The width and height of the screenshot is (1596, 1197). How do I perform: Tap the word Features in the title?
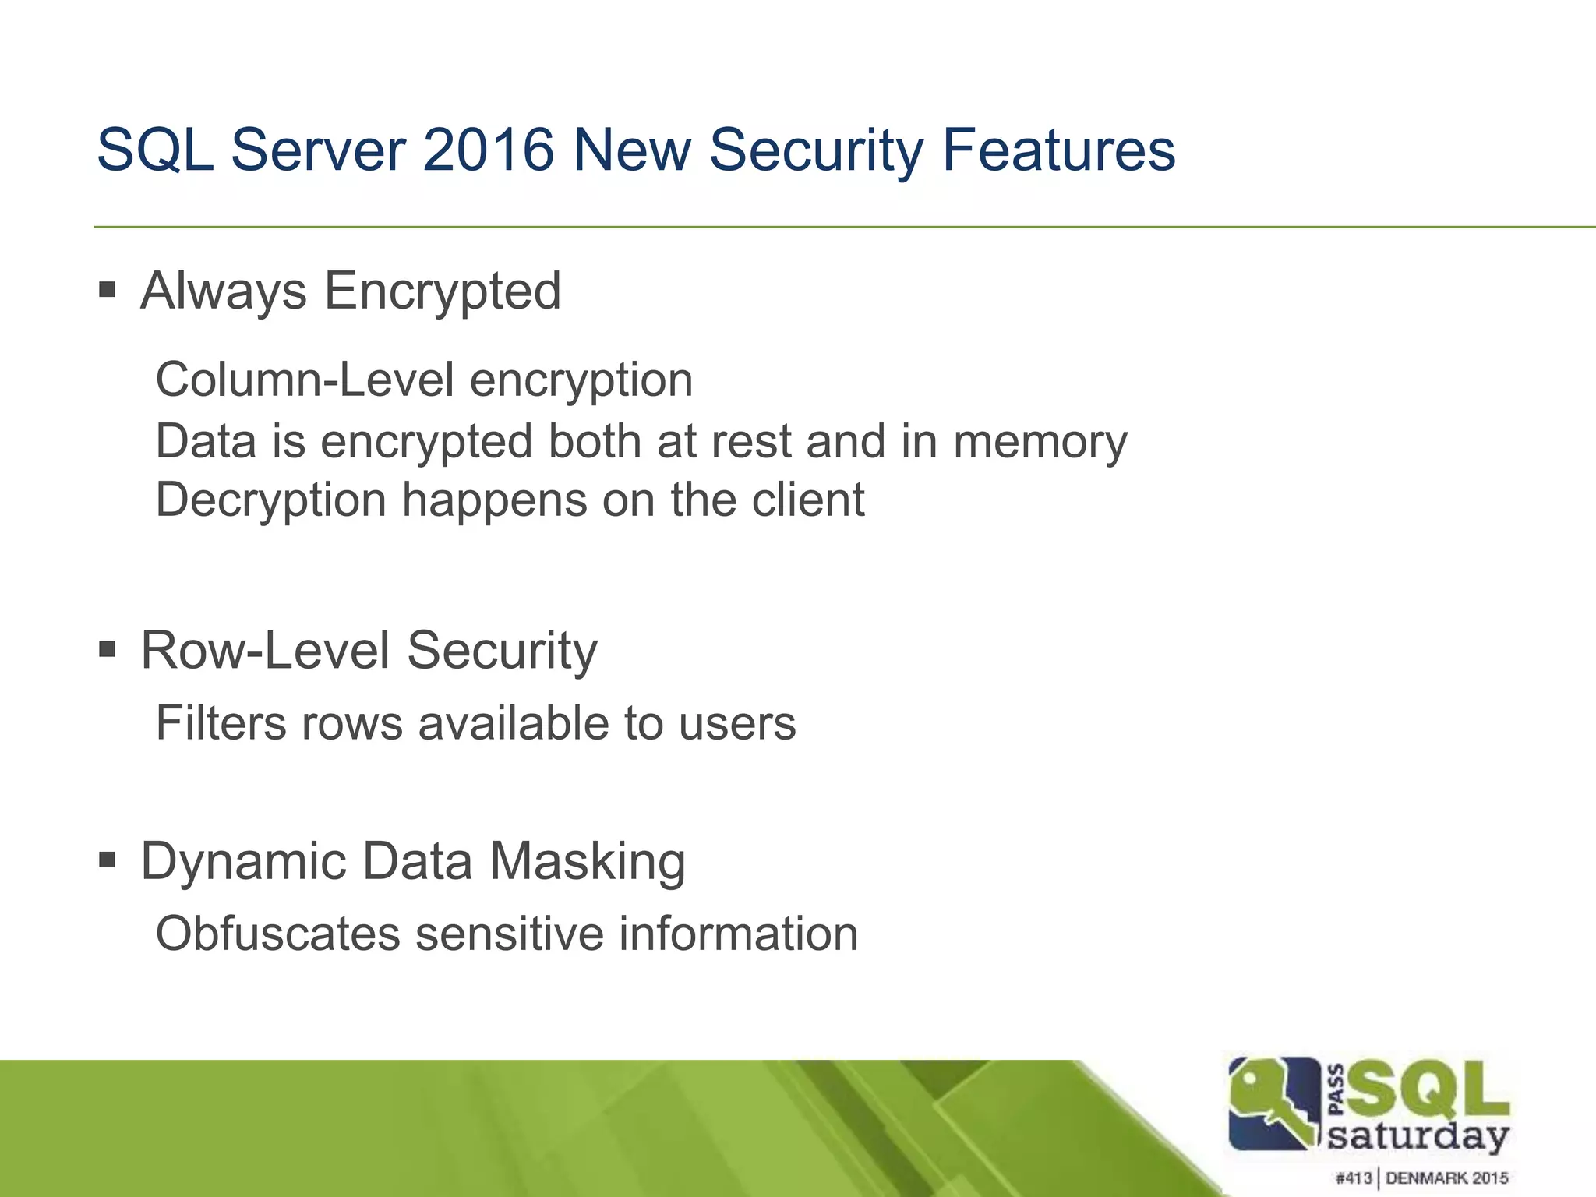click(1058, 150)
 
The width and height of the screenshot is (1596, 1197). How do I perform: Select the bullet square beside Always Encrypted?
click(108, 291)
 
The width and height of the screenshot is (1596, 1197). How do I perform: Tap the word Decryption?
click(271, 500)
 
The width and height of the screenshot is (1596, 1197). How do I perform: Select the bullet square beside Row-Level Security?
click(108, 648)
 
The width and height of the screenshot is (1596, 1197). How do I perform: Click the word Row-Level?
click(265, 650)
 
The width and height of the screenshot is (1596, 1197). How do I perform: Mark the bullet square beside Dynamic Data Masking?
click(108, 860)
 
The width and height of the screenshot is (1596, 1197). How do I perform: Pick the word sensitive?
click(510, 934)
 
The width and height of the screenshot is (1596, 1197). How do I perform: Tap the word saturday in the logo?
click(1418, 1135)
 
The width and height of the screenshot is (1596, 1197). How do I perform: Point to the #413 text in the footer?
click(1354, 1178)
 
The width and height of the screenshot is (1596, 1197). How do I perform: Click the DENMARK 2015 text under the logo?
click(1446, 1178)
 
